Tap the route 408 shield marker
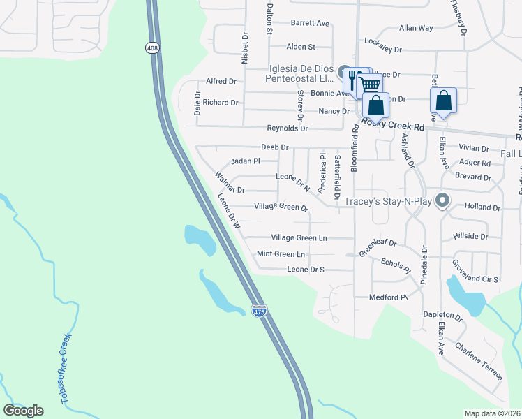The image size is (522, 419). coord(151,47)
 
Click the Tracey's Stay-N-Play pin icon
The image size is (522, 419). coord(441,201)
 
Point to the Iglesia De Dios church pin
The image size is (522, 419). coord(345,72)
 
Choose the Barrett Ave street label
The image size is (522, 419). coord(310,23)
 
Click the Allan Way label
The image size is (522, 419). coord(416,28)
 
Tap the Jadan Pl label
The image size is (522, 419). coord(246,161)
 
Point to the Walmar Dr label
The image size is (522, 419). coord(230,189)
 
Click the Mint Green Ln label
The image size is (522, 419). coord(281,254)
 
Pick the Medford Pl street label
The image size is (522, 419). coord(388,297)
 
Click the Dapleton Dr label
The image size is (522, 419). coord(442,316)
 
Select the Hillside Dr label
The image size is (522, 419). coord(470,236)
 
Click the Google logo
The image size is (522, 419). coord(23,411)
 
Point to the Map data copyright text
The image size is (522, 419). coord(493,413)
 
